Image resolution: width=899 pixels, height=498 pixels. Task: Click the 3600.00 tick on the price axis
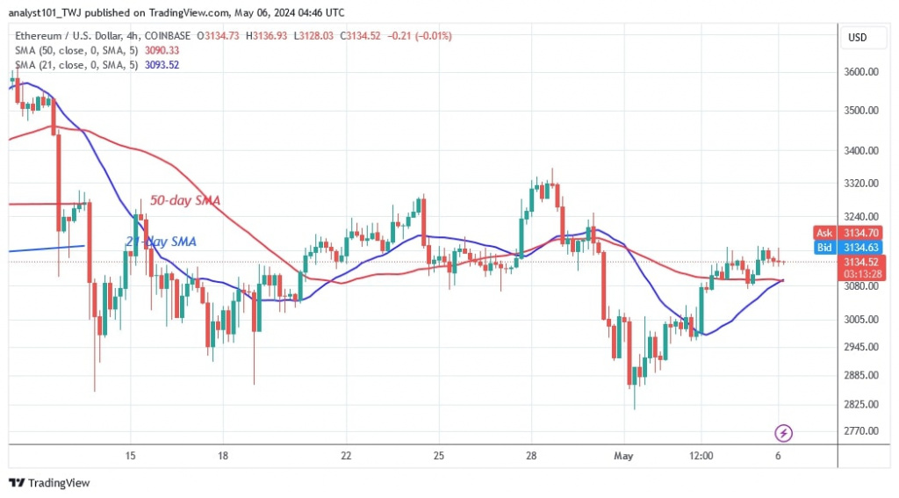click(x=859, y=72)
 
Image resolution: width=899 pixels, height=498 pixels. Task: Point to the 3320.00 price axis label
click(x=859, y=184)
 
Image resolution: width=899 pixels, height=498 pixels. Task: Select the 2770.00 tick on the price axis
click(x=859, y=431)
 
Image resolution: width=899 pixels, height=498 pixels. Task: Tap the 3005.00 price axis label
click(x=859, y=320)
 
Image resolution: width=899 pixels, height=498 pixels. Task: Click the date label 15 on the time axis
click(x=130, y=456)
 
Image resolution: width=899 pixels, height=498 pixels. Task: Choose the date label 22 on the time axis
click(x=346, y=456)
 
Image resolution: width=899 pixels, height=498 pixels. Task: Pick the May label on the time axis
click(x=623, y=456)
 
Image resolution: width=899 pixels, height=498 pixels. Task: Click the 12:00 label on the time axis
click(x=701, y=456)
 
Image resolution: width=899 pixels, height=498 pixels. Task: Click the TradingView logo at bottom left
click(x=49, y=482)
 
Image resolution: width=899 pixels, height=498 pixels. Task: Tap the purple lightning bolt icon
click(x=784, y=433)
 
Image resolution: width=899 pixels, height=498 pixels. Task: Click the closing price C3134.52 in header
click(x=367, y=35)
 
